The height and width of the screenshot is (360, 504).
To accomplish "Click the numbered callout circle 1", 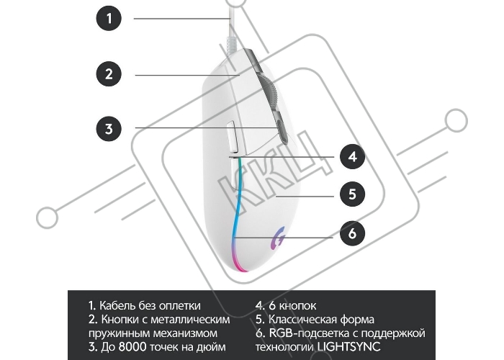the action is (x=109, y=18).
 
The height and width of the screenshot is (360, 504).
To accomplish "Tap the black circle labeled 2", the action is (x=109, y=74).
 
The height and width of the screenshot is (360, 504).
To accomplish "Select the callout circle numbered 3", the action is (x=109, y=128).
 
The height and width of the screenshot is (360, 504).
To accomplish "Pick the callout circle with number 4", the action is (x=353, y=157).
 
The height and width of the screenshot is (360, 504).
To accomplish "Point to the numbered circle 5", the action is (x=353, y=194).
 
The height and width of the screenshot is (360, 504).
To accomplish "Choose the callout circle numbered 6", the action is (x=353, y=233).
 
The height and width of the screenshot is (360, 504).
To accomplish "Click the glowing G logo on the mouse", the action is (x=279, y=238).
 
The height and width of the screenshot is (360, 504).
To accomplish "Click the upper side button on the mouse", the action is (x=232, y=137).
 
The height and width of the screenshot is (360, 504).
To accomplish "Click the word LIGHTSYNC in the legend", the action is (x=348, y=347).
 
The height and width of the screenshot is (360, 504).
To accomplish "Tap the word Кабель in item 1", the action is (x=117, y=305).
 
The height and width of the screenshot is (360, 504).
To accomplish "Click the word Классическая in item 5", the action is (x=302, y=320).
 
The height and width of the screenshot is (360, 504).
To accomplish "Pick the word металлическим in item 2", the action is (x=190, y=320).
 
